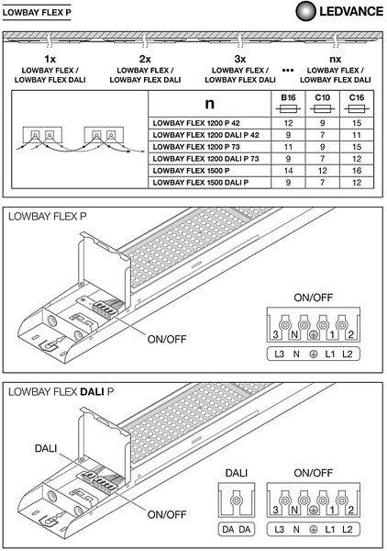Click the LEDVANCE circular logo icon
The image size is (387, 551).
click(305, 11)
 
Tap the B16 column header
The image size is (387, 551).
click(288, 97)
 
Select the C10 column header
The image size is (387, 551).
click(323, 97)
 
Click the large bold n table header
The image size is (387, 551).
click(209, 103)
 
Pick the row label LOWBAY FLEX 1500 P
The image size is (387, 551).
click(191, 171)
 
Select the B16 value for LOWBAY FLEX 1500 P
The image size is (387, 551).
click(288, 171)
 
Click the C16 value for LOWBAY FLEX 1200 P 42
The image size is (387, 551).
click(357, 123)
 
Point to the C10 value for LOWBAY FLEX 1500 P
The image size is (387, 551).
click(323, 171)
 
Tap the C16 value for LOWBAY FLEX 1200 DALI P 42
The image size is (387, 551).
click(357, 135)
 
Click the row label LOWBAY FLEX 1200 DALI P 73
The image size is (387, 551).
click(205, 159)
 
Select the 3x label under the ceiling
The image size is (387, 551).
click(240, 59)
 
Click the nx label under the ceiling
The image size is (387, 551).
click(336, 59)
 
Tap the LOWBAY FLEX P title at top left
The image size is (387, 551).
click(37, 13)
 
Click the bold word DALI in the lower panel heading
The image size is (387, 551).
click(92, 392)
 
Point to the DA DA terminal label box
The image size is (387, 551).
click(237, 529)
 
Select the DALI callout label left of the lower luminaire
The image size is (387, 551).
click(46, 448)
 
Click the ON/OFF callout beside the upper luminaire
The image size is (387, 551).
click(167, 339)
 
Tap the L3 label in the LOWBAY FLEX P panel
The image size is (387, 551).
click(280, 354)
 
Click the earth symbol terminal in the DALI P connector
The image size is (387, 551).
click(314, 511)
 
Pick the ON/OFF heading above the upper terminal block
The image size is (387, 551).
click(313, 298)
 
